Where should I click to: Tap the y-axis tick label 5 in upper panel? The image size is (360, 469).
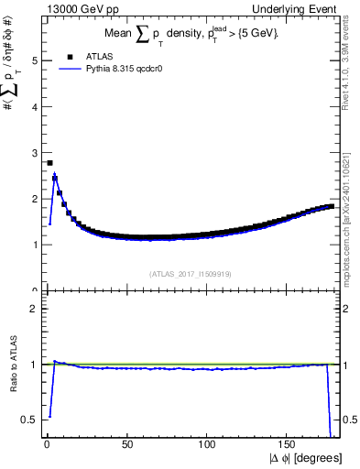pos(35,60)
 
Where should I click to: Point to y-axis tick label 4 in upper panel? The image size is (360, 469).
pos(35,106)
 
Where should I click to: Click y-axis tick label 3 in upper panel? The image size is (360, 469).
pos(35,152)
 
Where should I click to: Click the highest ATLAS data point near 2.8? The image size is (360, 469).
pos(49,163)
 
